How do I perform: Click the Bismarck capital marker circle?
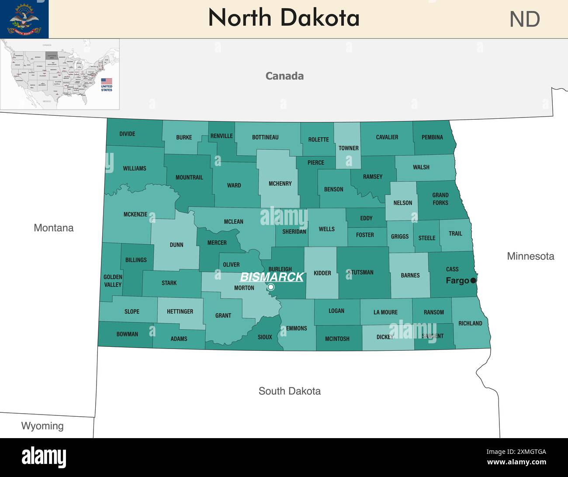(x=271, y=287)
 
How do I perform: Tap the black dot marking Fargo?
(x=473, y=280)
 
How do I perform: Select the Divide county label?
(x=127, y=134)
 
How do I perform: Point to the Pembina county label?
(x=432, y=137)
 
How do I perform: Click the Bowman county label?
(x=127, y=334)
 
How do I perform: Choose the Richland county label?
(x=470, y=323)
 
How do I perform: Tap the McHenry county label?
(x=280, y=184)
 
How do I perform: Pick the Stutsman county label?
(x=361, y=273)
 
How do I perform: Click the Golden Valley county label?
(x=113, y=281)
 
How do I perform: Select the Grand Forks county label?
(x=440, y=199)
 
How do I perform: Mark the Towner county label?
(x=348, y=148)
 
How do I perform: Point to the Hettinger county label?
(x=180, y=311)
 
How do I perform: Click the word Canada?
(x=284, y=76)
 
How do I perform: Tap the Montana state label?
(x=54, y=228)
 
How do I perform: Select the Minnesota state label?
(x=530, y=256)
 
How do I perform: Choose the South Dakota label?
(x=289, y=391)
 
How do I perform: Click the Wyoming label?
(x=42, y=426)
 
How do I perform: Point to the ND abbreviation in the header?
(x=525, y=20)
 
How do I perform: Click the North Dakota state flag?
(x=24, y=19)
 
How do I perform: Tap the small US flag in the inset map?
(x=107, y=81)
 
